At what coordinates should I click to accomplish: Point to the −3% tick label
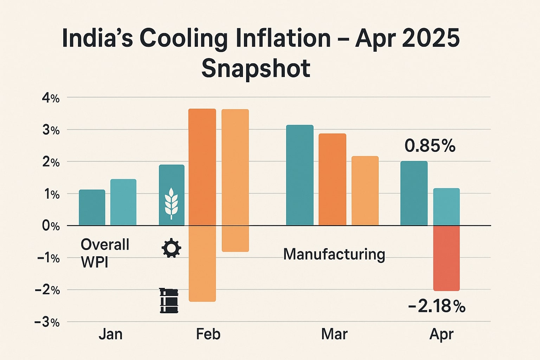click(47, 322)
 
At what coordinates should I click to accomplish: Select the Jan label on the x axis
click(110, 334)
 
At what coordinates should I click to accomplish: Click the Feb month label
click(208, 334)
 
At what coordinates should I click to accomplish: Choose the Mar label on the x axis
click(334, 334)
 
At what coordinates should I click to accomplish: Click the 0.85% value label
click(430, 146)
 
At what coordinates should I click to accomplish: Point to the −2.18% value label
click(437, 307)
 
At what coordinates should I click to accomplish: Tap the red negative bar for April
click(446, 258)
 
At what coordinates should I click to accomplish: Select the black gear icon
click(171, 248)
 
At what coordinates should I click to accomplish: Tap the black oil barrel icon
click(169, 301)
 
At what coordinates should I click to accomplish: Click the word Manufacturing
click(334, 255)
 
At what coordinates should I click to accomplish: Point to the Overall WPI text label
click(105, 253)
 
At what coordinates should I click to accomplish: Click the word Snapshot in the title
click(256, 68)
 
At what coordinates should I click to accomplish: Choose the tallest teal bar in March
click(300, 175)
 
